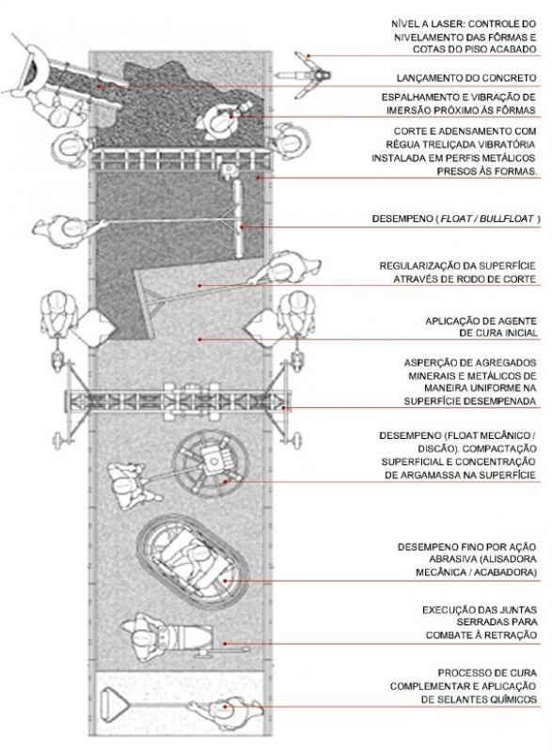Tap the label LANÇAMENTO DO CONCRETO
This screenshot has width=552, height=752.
point(466,78)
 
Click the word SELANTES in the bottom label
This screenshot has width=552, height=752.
point(458,699)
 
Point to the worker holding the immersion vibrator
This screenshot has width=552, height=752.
point(218,121)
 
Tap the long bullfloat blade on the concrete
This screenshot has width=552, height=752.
point(239,219)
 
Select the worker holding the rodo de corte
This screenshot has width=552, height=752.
point(286,269)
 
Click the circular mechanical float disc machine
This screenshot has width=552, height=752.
point(211,462)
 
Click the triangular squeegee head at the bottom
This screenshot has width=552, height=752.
point(114,704)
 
